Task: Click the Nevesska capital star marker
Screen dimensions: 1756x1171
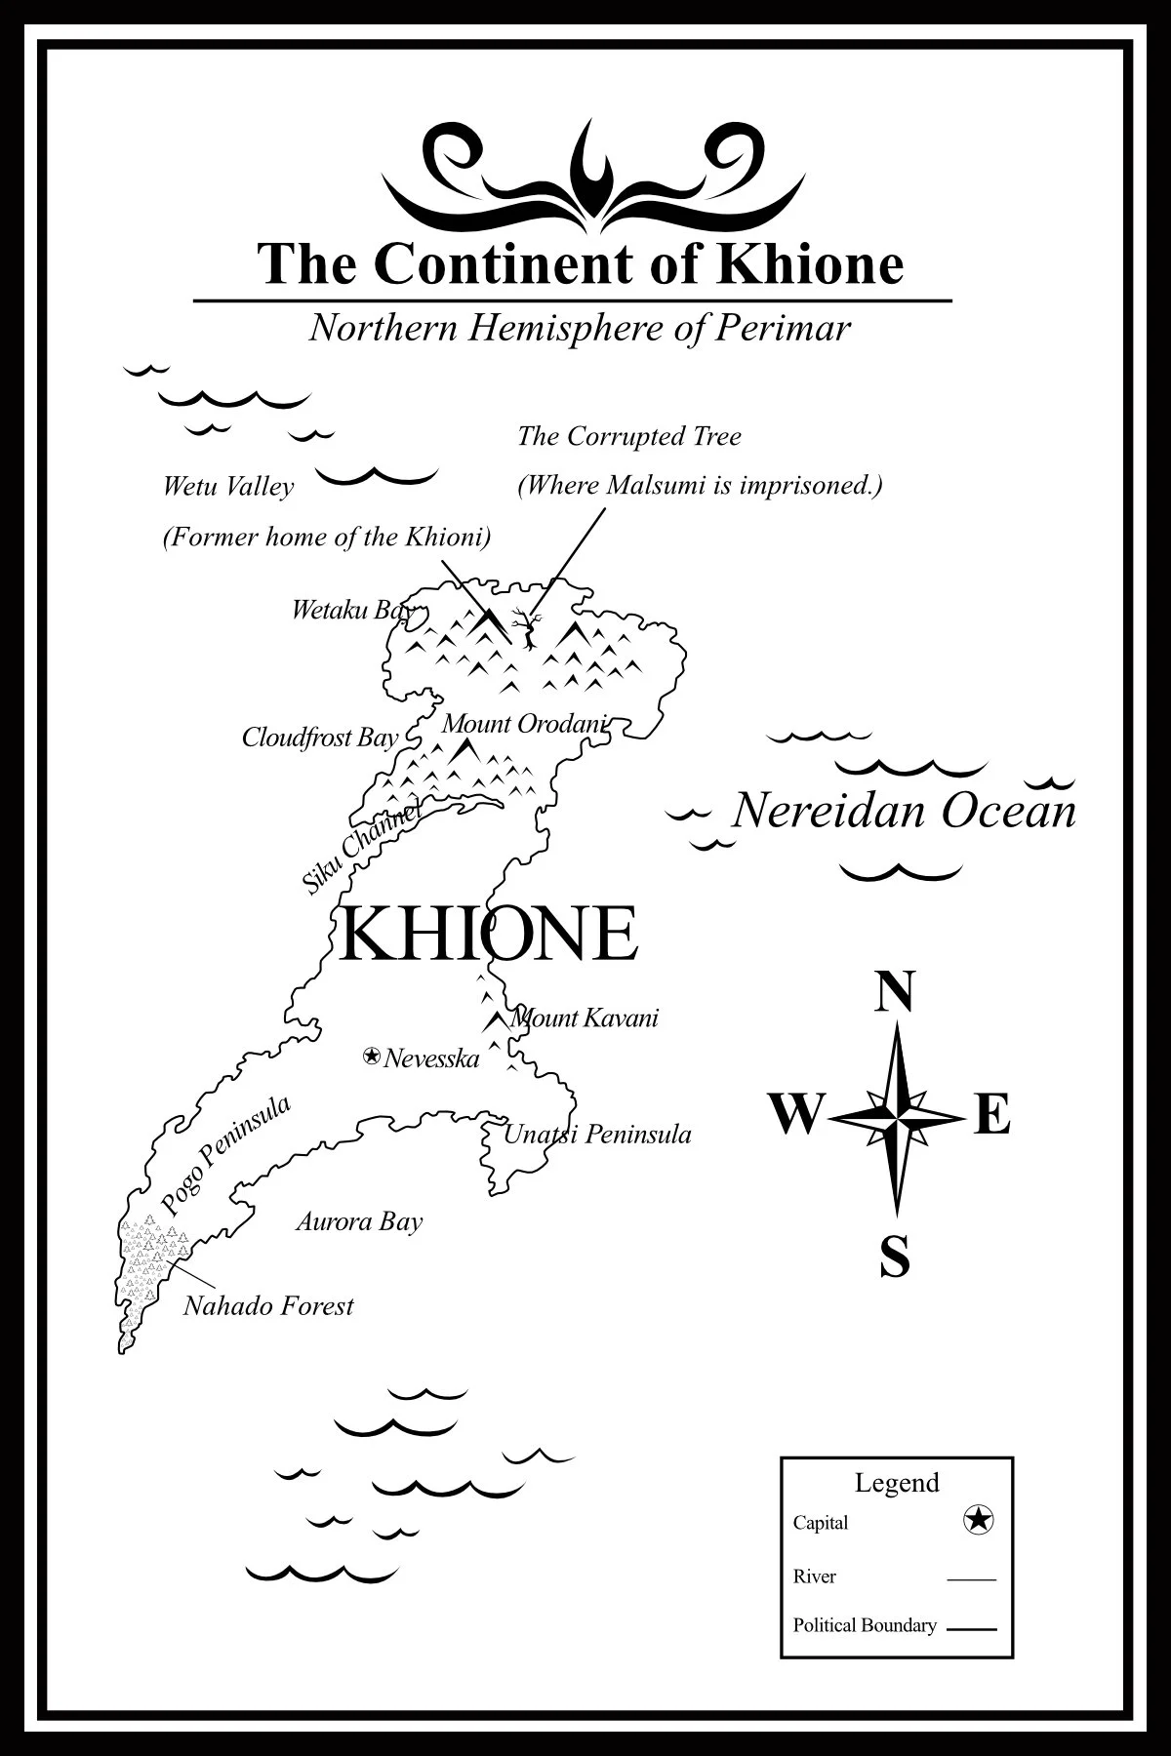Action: click(x=371, y=1056)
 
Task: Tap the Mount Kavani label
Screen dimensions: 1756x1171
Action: click(x=585, y=1018)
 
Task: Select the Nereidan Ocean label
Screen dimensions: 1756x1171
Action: click(x=904, y=812)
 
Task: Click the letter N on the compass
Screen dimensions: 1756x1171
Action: click(x=895, y=992)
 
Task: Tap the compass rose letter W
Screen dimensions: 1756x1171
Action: click(x=796, y=1114)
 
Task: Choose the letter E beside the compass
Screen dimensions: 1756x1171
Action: click(x=992, y=1114)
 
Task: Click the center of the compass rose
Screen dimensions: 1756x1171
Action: click(x=896, y=1114)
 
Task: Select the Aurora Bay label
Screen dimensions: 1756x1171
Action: click(x=359, y=1221)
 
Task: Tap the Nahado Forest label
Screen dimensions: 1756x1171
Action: click(x=268, y=1305)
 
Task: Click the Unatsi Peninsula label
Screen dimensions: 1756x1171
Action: click(x=597, y=1135)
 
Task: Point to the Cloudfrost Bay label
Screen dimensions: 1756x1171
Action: click(x=320, y=738)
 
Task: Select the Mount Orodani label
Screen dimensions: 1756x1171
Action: click(x=524, y=724)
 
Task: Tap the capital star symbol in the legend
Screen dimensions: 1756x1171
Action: click(x=978, y=1519)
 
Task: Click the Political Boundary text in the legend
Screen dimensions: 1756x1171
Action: click(x=865, y=1625)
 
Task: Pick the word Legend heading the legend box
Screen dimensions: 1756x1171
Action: click(x=897, y=1483)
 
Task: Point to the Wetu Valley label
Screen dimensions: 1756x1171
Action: click(x=228, y=486)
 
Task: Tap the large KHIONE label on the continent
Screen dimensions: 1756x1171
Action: click(x=488, y=933)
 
